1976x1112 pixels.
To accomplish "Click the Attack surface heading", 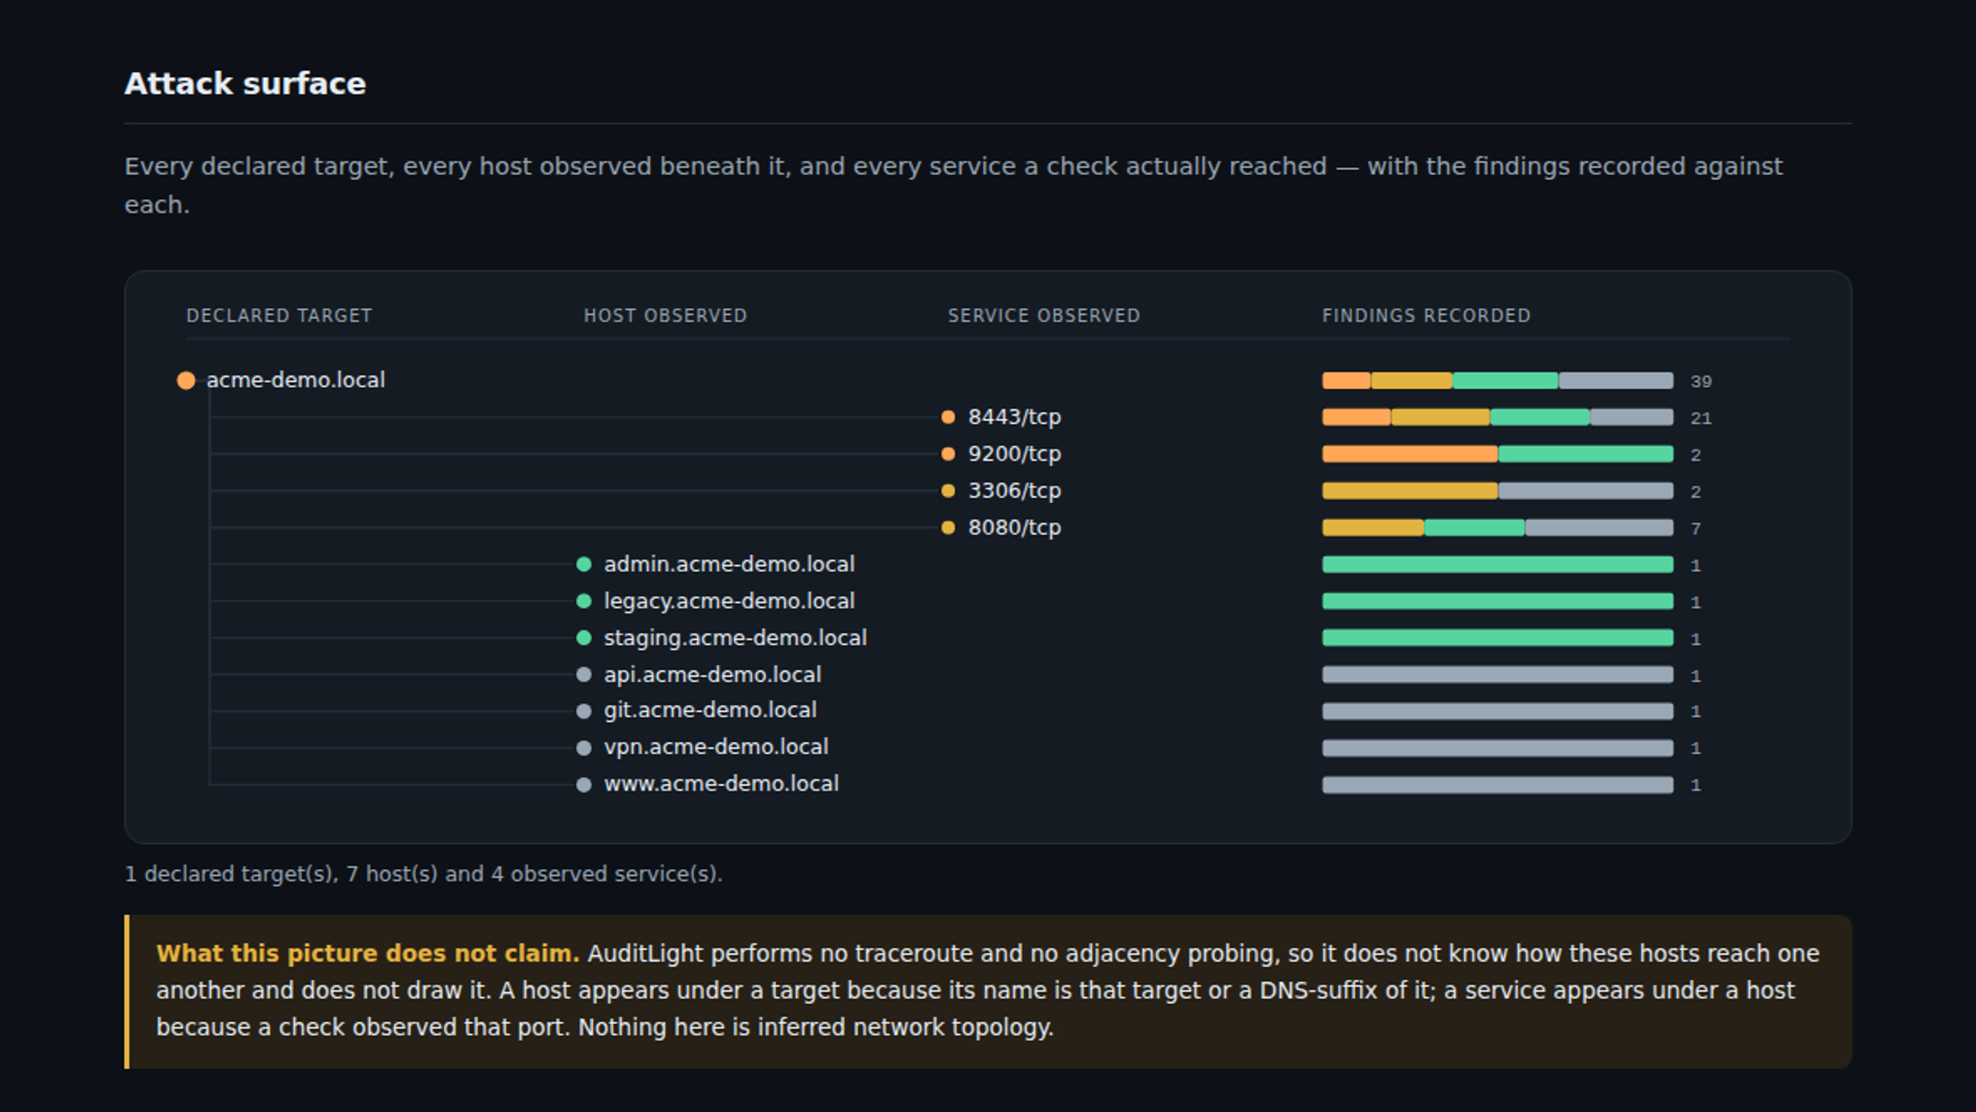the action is (245, 83).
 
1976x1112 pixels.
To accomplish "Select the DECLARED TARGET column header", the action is (279, 316).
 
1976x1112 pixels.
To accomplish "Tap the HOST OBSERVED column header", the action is (665, 316).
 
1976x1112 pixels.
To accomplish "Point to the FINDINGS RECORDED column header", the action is (1425, 316).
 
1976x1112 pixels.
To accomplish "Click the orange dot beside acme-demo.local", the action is (186, 380).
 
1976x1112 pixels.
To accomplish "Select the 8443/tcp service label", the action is (1014, 417).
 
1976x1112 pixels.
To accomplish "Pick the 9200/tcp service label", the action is (1014, 454).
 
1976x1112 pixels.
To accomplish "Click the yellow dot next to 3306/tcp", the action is (948, 490).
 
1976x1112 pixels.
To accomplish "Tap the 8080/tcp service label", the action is (1014, 527).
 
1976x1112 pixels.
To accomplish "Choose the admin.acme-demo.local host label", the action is (729, 564).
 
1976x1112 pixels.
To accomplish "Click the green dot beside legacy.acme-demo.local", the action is (584, 601).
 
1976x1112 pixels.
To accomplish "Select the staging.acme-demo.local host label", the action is (735, 638).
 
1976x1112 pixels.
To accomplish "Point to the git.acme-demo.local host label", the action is (710, 710).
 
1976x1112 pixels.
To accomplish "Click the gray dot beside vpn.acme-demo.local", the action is (584, 748).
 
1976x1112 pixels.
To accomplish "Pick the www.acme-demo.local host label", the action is (720, 784).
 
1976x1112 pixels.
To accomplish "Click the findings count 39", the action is (1700, 381).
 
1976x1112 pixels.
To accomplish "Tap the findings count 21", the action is (1700, 419).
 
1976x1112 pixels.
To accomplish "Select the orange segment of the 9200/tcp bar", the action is (1410, 454).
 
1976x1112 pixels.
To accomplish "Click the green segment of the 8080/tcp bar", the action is (1474, 527).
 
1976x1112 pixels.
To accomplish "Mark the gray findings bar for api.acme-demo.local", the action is (1497, 674).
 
